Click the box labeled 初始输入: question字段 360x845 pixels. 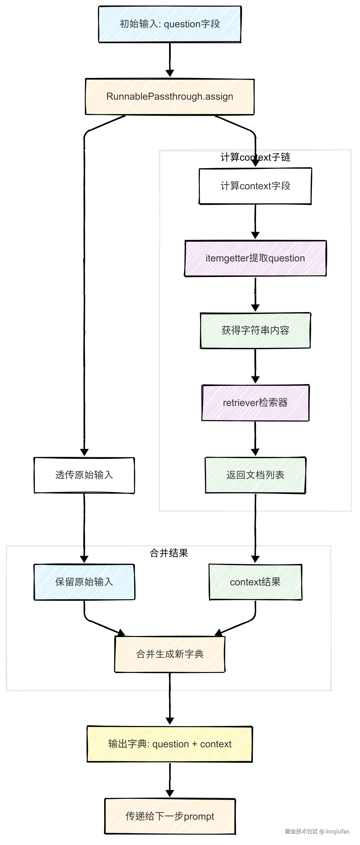170,24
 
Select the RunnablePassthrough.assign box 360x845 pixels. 170,96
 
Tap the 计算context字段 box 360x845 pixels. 255,186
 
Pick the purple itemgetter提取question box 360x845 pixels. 255,258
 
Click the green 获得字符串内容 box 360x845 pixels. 255,330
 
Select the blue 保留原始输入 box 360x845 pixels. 84,582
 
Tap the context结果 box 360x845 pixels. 255,582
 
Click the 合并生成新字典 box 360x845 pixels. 170,654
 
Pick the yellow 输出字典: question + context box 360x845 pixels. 170,744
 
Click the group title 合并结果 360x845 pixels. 169,553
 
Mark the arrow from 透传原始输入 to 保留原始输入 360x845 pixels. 84,527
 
